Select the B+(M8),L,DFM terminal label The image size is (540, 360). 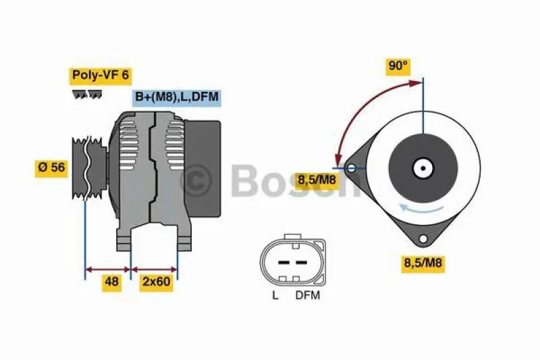pyautogui.click(x=176, y=97)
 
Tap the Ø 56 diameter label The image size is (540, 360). pyautogui.click(x=51, y=168)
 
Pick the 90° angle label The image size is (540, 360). pyautogui.click(x=398, y=66)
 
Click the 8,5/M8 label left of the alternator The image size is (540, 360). pyautogui.click(x=317, y=180)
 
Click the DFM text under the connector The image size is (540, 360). pyautogui.click(x=307, y=295)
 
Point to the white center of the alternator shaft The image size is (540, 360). pyautogui.click(x=423, y=168)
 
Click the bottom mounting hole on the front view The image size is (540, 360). pyautogui.click(x=423, y=238)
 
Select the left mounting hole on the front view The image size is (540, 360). pyautogui.click(x=352, y=168)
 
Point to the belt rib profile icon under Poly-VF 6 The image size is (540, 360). pyautogui.click(x=88, y=95)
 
